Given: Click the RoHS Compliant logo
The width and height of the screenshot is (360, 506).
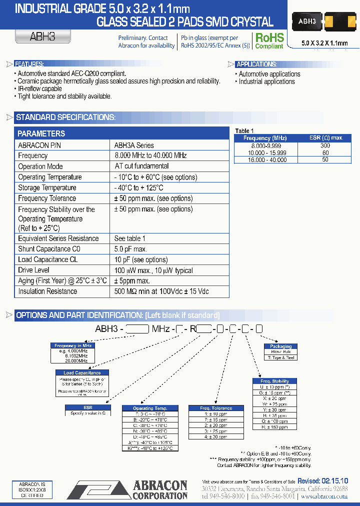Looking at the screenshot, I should pos(269,40).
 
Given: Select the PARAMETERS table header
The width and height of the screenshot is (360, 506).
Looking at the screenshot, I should pos(41,133).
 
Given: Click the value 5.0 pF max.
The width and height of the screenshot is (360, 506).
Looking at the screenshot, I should pos(130,249).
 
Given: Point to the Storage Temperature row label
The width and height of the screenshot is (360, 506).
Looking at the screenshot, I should pos(47,187).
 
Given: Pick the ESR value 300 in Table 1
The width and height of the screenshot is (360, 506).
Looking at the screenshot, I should pos(325,145).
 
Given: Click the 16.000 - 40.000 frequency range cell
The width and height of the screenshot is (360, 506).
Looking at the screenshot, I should pos(265,159).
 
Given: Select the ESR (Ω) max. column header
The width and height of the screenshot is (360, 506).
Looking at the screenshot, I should pos(325,138).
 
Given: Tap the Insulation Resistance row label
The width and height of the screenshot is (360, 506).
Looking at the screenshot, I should pos(47,291).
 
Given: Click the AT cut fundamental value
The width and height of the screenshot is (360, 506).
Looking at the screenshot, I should pos(141,166).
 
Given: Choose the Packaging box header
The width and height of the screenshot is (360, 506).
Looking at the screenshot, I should pos(280,346).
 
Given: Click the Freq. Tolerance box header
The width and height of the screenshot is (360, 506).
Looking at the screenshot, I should pos(216,408).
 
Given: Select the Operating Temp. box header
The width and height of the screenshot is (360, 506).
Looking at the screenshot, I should pos(150,408).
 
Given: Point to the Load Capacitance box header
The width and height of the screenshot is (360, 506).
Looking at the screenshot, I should pos(82,372).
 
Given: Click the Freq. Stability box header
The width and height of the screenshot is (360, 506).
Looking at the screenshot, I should pos(274,381).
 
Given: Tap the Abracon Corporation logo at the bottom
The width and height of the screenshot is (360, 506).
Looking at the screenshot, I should pos(127,489).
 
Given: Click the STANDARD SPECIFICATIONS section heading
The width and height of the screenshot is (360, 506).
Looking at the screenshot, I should pos(65,117).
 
